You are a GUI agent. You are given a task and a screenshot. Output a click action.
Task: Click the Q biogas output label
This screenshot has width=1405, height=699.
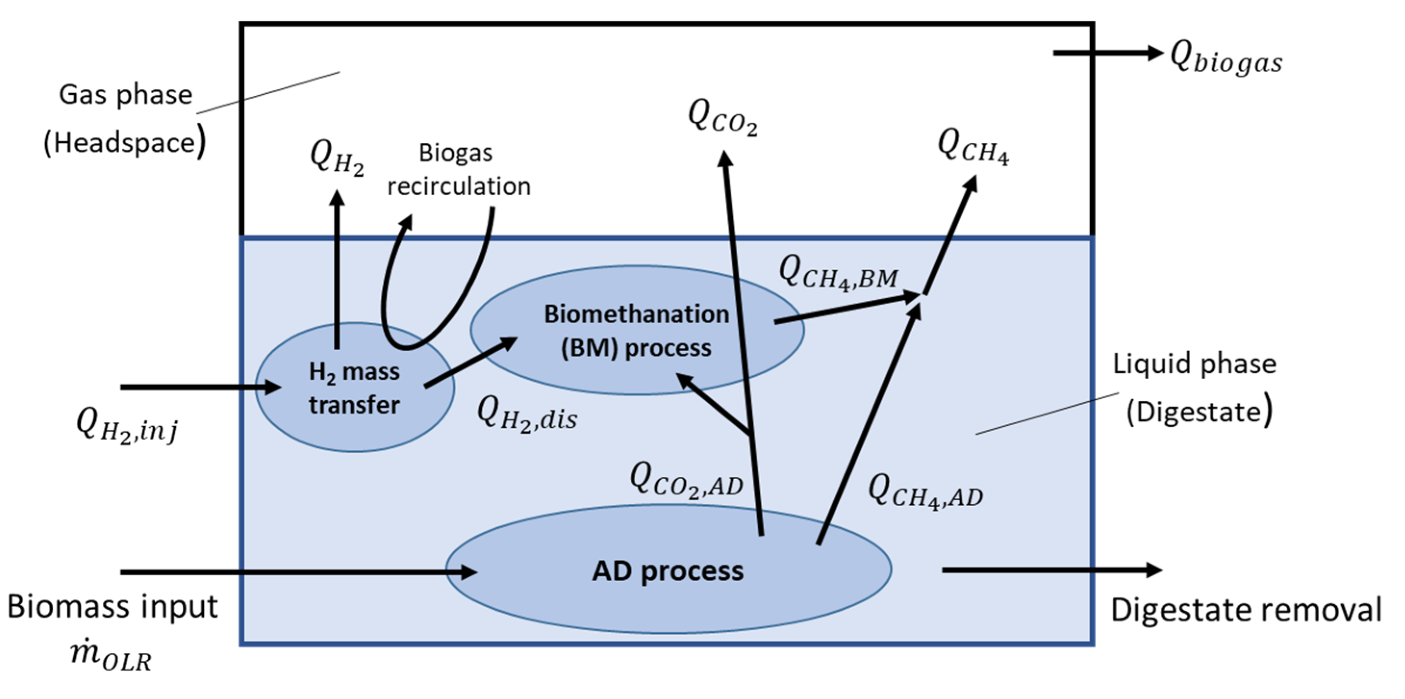1226,59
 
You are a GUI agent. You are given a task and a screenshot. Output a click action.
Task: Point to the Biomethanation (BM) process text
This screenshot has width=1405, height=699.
636,330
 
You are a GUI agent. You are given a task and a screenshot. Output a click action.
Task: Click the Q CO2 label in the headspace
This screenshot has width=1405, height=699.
722,117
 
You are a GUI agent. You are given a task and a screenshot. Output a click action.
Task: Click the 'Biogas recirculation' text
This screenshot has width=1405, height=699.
458,170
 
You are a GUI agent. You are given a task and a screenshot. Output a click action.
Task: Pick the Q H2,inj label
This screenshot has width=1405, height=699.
126,427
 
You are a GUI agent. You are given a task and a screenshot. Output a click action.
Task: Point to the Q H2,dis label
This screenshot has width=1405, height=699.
527,415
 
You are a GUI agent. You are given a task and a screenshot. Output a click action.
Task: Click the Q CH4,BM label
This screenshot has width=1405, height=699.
838,273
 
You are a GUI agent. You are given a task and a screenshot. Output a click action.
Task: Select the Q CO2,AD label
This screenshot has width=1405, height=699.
686,481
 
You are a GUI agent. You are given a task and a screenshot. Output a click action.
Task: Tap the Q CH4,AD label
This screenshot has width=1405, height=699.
925,492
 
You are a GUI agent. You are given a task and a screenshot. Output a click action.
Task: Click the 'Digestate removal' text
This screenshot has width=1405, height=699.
1246,610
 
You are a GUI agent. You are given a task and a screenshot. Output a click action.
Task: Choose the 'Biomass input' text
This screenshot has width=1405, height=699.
113,606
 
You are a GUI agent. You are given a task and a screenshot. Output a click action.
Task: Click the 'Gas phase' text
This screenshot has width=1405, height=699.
125,95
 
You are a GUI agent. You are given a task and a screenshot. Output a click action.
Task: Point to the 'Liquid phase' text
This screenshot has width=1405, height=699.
1194,364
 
